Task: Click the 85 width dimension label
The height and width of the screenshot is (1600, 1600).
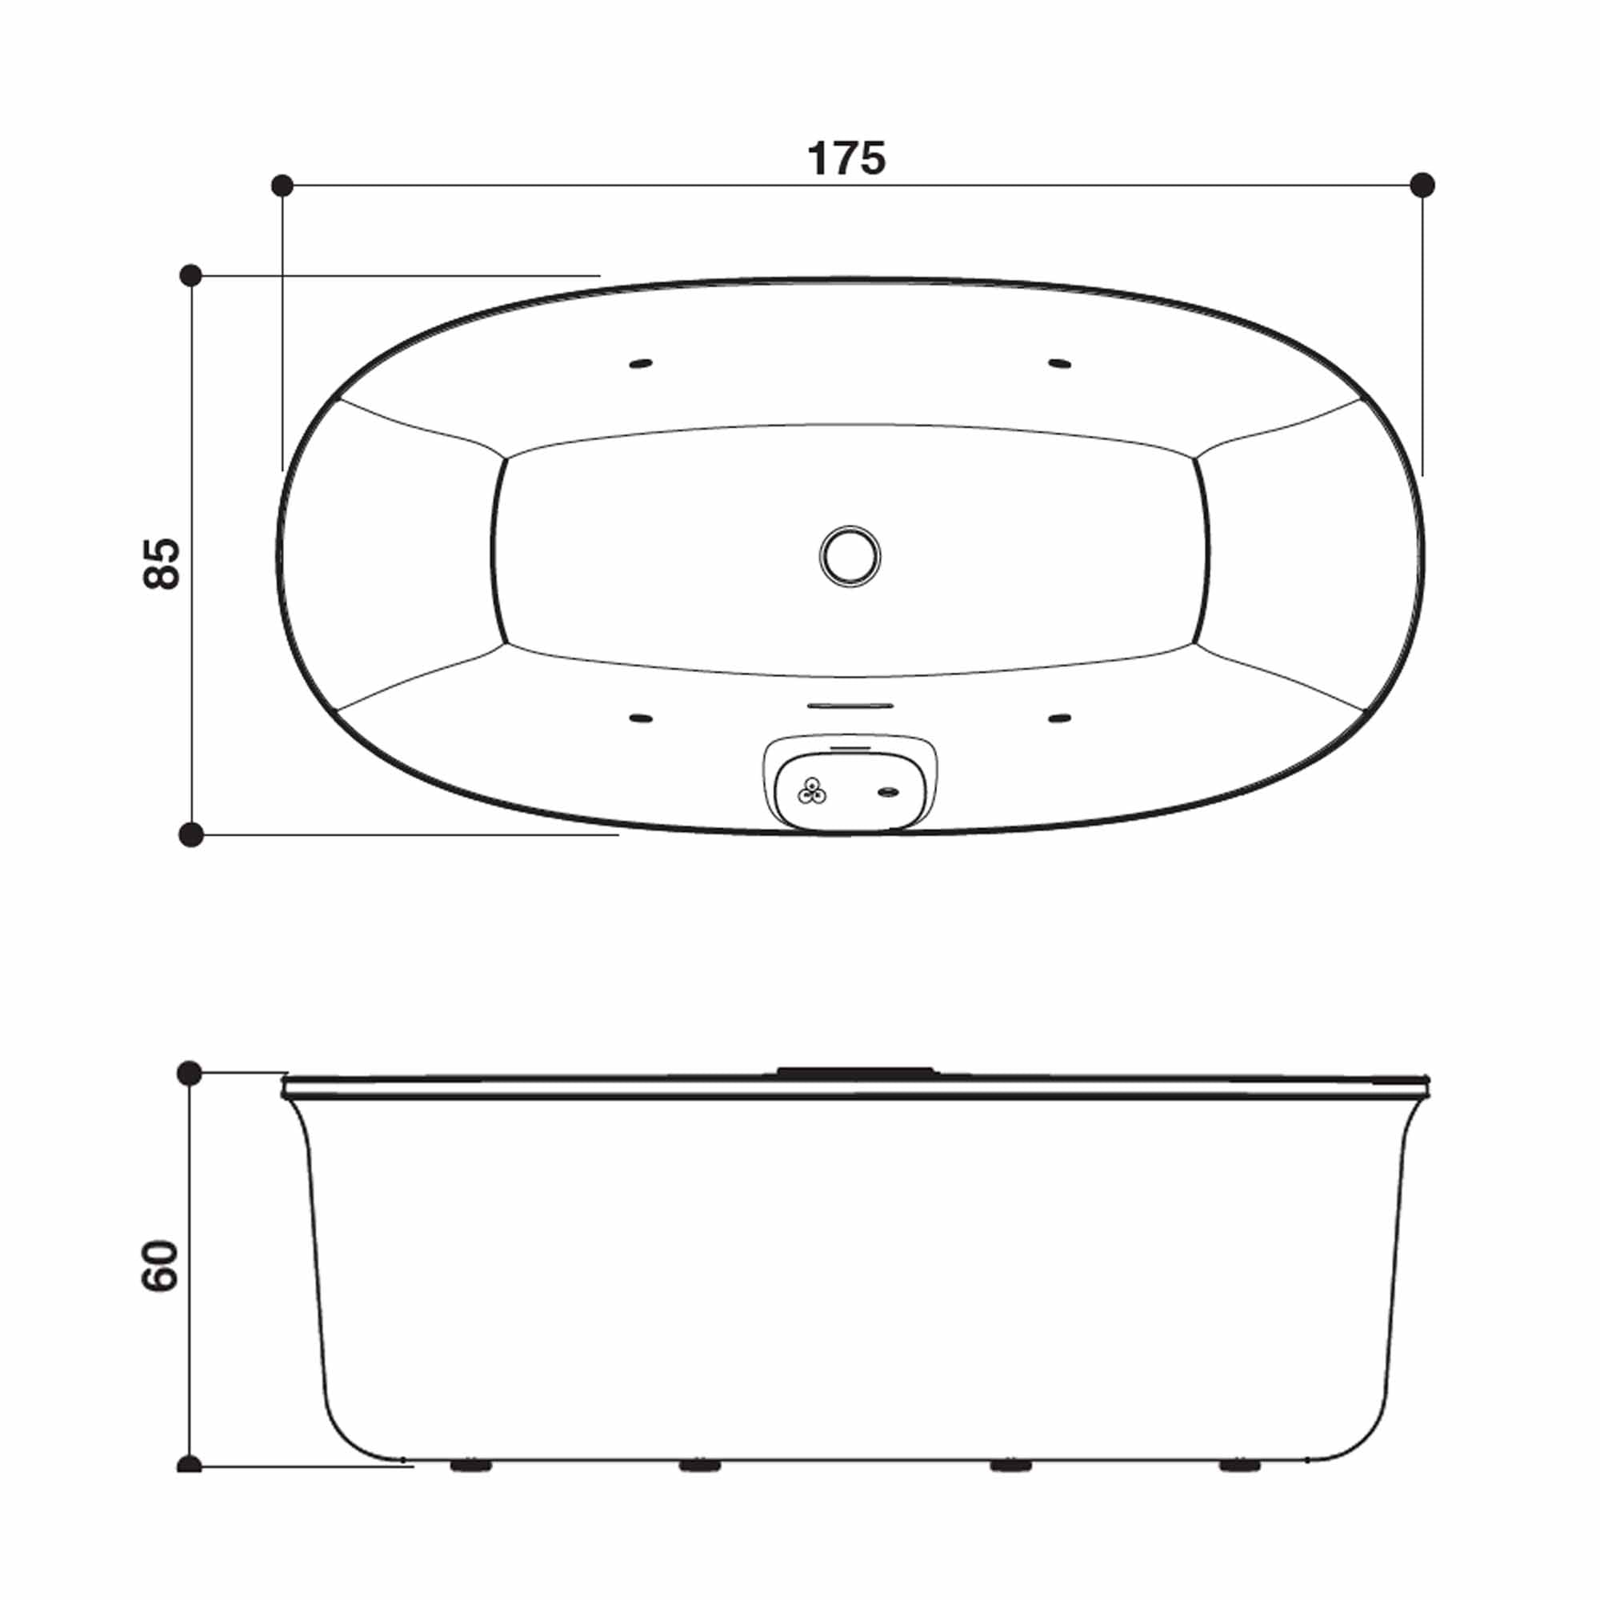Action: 162,564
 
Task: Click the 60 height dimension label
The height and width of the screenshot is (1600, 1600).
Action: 161,1266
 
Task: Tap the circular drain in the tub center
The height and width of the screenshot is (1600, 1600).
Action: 850,557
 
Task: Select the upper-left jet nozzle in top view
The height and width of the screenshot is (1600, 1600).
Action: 640,363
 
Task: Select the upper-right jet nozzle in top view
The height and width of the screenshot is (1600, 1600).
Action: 1059,363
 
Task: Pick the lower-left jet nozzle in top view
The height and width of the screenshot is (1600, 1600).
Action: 640,718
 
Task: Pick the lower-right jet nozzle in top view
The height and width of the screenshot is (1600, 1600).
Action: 1059,718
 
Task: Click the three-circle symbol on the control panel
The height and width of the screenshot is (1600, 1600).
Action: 811,792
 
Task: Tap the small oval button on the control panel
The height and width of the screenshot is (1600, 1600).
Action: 888,793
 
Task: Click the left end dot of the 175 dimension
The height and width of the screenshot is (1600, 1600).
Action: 282,185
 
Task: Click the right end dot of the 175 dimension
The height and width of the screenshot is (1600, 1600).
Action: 1422,185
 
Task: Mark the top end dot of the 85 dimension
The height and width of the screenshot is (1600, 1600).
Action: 190,275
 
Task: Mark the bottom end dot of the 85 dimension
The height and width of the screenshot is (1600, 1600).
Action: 191,834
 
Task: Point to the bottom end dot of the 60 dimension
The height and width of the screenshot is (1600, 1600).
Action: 190,1465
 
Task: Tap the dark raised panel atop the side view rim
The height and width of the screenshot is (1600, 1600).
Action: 854,1071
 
